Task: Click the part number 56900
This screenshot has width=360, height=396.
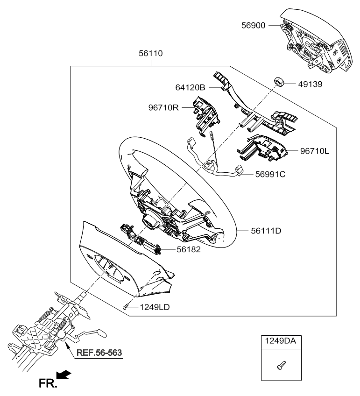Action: [253, 26]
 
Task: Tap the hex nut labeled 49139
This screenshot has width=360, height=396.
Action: [279, 82]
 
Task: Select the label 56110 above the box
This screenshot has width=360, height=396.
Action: [151, 54]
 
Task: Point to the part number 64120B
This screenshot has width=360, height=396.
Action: [191, 87]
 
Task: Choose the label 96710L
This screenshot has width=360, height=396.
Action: [315, 151]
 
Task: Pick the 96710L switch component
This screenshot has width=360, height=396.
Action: [262, 148]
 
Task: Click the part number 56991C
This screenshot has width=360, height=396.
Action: [270, 174]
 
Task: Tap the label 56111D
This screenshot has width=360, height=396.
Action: [266, 231]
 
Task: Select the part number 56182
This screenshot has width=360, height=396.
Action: [189, 249]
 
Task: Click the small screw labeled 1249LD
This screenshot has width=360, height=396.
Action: [126, 307]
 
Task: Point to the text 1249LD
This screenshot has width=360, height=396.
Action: [155, 307]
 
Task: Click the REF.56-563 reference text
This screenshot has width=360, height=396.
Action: [99, 353]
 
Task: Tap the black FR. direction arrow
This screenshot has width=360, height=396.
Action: [64, 375]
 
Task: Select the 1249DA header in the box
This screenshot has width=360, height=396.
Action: [280, 341]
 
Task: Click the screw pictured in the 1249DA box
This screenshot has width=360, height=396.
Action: [281, 366]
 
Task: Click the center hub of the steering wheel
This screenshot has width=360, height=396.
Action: [150, 221]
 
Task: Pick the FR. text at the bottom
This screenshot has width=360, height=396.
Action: [48, 383]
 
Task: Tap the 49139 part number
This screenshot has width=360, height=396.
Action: [310, 84]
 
